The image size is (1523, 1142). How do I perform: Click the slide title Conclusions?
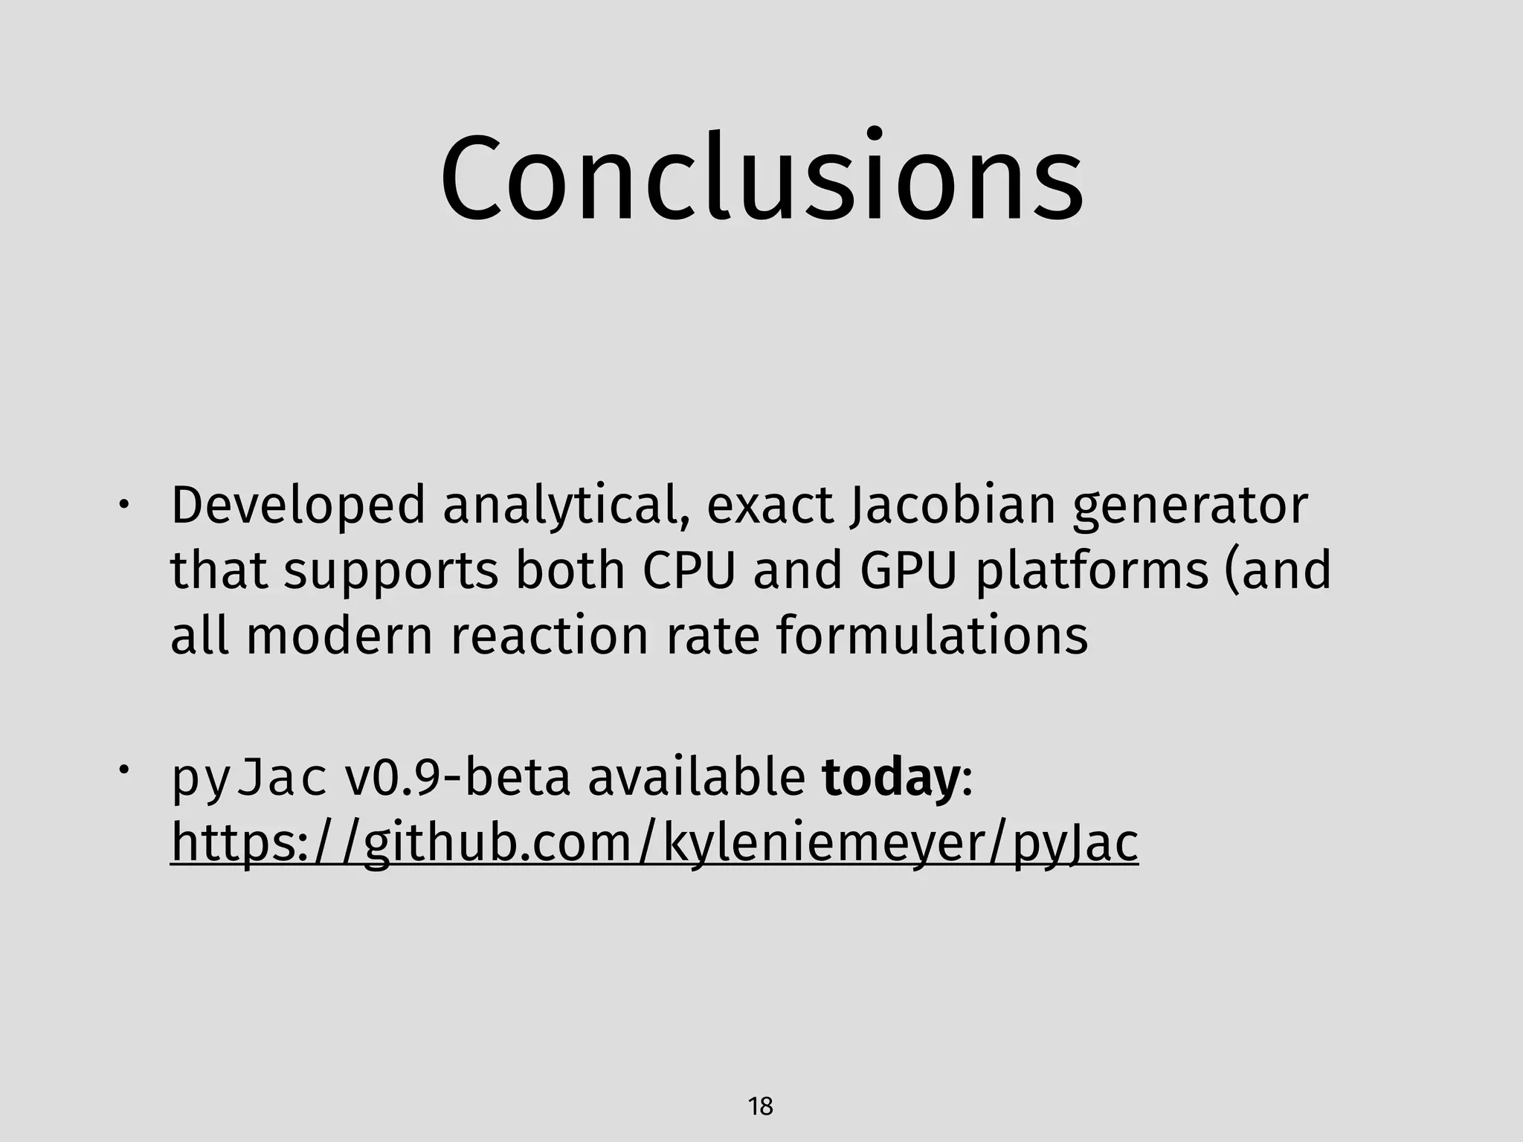[761, 178]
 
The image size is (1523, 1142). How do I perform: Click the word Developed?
[298, 506]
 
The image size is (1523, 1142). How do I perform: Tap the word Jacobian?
[953, 506]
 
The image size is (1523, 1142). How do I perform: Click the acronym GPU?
[907, 571]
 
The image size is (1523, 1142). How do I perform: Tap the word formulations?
[933, 636]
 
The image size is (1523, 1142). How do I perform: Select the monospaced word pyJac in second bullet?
[248, 778]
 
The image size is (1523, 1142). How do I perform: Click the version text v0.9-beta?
[457, 778]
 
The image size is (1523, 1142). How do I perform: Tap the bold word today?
[890, 778]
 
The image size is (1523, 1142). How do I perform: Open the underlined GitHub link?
[654, 843]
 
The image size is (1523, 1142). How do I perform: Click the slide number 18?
[760, 1107]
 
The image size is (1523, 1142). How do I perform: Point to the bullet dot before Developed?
[123, 505]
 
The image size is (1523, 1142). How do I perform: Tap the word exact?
[770, 506]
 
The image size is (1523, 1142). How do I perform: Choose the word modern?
[339, 636]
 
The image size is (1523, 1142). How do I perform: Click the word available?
[697, 778]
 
